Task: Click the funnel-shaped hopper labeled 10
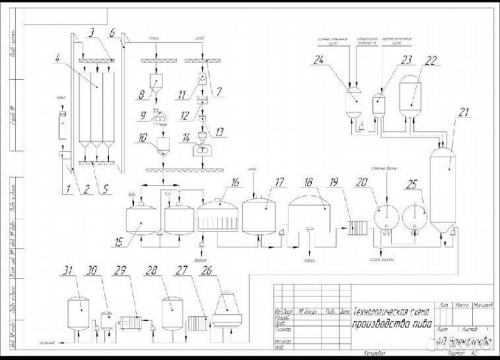pos(165,147)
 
